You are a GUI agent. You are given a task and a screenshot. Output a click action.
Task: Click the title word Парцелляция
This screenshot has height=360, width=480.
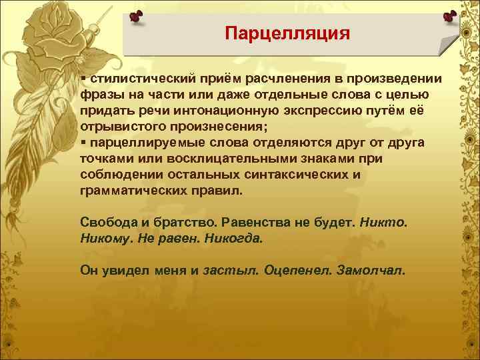pos(287,33)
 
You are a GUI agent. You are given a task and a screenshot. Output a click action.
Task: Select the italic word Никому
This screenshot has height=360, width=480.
pos(106,238)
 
